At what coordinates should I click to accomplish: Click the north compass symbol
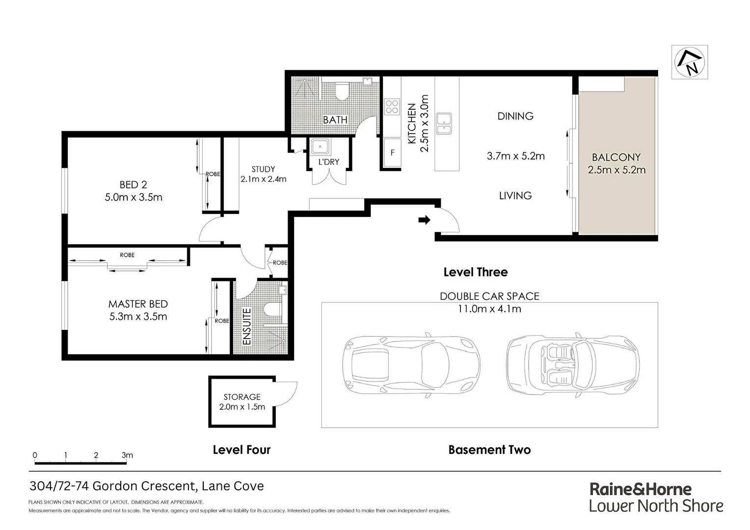690,62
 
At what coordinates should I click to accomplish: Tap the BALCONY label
616,158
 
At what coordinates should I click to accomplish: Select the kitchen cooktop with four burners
392,106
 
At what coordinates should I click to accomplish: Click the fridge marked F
392,153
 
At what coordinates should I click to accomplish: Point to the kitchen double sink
444,124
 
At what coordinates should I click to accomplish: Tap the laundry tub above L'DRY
321,147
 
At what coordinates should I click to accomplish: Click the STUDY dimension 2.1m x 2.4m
263,179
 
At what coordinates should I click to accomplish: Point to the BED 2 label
133,185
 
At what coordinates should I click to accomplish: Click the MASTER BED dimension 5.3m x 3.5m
138,317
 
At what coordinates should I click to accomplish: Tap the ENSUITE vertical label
247,326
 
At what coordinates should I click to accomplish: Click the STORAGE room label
242,397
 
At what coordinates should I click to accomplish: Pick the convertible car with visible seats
572,366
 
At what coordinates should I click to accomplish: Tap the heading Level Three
475,272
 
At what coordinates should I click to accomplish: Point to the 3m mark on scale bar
127,455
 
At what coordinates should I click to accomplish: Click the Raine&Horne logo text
640,489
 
